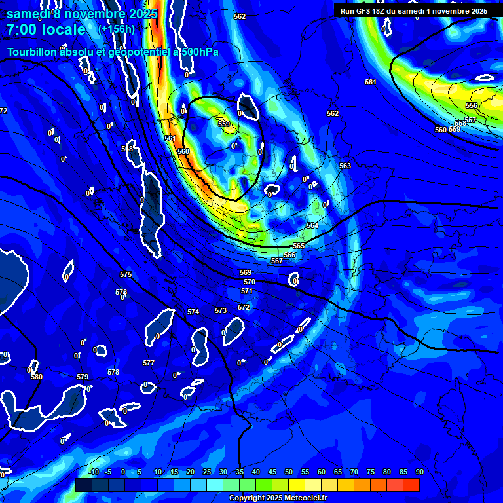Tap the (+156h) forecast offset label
[x=117, y=29]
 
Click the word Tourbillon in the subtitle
[x=33, y=52]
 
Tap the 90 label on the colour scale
[x=419, y=472]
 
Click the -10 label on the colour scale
[x=93, y=472]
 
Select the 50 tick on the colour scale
[x=289, y=472]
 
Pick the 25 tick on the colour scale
[x=207, y=472]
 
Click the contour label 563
[x=345, y=166]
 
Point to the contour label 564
[x=312, y=225]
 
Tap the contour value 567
[x=277, y=261]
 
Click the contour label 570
[x=250, y=282]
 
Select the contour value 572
[x=244, y=307]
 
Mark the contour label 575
[x=126, y=274]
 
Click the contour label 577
[x=149, y=363]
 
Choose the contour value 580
[x=37, y=377]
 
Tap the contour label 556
[x=472, y=105]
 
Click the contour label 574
[x=193, y=312]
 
